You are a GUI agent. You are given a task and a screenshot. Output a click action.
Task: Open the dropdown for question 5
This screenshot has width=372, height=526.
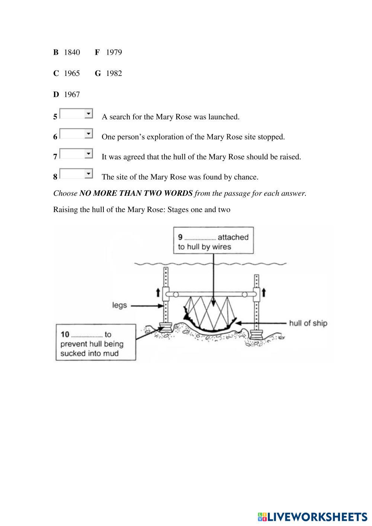click(x=76, y=114)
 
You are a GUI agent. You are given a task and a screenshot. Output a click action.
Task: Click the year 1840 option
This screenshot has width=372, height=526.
click(x=72, y=52)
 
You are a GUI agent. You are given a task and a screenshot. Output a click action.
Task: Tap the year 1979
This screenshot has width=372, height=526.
click(x=114, y=52)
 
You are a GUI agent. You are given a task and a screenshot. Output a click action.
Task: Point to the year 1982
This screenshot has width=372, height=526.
click(x=114, y=74)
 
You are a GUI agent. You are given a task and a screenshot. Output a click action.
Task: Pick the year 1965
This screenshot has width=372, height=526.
click(x=72, y=74)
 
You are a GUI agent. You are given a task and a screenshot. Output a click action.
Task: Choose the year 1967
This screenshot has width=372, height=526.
click(x=72, y=95)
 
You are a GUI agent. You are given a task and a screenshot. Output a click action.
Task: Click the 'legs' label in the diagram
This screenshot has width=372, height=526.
click(x=120, y=305)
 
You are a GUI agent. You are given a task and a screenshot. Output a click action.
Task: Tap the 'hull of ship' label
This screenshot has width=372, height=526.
click(x=308, y=323)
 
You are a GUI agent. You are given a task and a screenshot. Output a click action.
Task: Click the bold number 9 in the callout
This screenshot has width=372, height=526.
click(x=180, y=237)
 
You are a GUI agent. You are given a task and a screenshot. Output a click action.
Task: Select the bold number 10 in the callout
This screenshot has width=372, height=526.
click(x=65, y=334)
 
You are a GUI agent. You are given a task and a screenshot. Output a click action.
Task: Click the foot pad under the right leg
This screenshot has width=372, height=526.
click(x=256, y=334)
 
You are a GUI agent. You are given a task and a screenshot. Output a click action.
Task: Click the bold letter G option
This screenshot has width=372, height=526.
click(x=98, y=74)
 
